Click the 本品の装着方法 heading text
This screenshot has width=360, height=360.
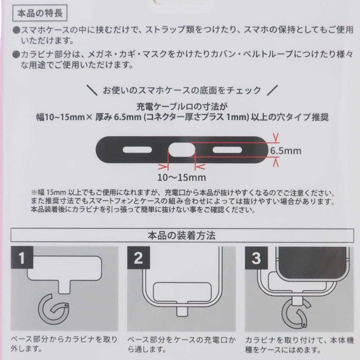181,236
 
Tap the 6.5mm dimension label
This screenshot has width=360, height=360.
285,151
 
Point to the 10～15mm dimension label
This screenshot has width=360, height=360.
182,177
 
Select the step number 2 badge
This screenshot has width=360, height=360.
138,258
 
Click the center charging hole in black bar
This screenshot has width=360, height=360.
182,149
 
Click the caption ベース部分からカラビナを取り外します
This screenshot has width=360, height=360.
65,345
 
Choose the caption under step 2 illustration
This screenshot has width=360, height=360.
181,345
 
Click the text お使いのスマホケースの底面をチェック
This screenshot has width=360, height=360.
182,91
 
